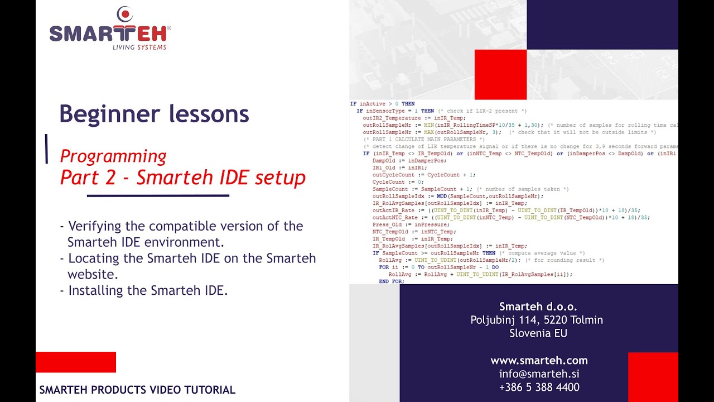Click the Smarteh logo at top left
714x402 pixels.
point(110,29)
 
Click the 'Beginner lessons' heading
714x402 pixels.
point(154,114)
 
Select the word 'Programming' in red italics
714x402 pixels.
point(113,156)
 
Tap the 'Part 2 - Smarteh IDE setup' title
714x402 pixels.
point(182,178)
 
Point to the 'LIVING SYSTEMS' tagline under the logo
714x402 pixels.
point(139,47)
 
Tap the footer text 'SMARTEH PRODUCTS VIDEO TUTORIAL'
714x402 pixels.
point(137,390)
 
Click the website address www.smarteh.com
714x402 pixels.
point(539,360)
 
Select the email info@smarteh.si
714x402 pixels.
point(539,374)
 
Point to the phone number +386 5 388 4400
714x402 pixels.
point(539,387)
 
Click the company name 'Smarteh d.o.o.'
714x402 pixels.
point(538,307)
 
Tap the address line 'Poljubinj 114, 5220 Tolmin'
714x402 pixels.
point(537,320)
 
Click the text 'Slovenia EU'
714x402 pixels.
point(538,333)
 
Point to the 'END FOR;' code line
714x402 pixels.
point(391,281)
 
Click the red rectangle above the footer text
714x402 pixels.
point(76,362)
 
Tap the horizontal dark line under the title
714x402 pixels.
point(158,195)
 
